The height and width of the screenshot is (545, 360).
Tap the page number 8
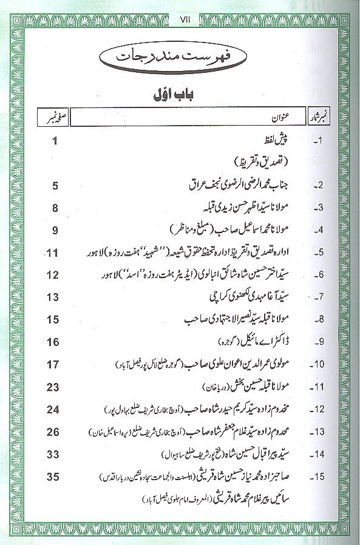coord(55,208)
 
